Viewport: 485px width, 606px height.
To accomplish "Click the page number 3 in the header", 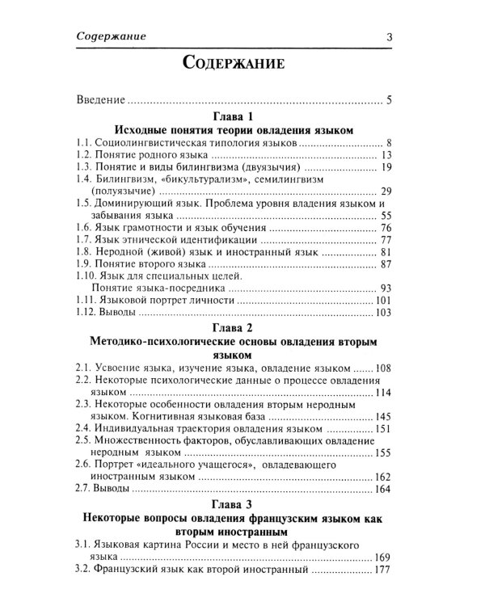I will [389, 36].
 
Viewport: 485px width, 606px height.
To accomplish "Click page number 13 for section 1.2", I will [385, 154].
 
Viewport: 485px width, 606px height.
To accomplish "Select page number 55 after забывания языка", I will [385, 217].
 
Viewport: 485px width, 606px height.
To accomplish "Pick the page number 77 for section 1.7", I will [385, 241].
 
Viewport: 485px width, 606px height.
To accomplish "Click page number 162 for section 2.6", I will [382, 478].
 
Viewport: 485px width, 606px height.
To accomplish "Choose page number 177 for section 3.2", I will [382, 570].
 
